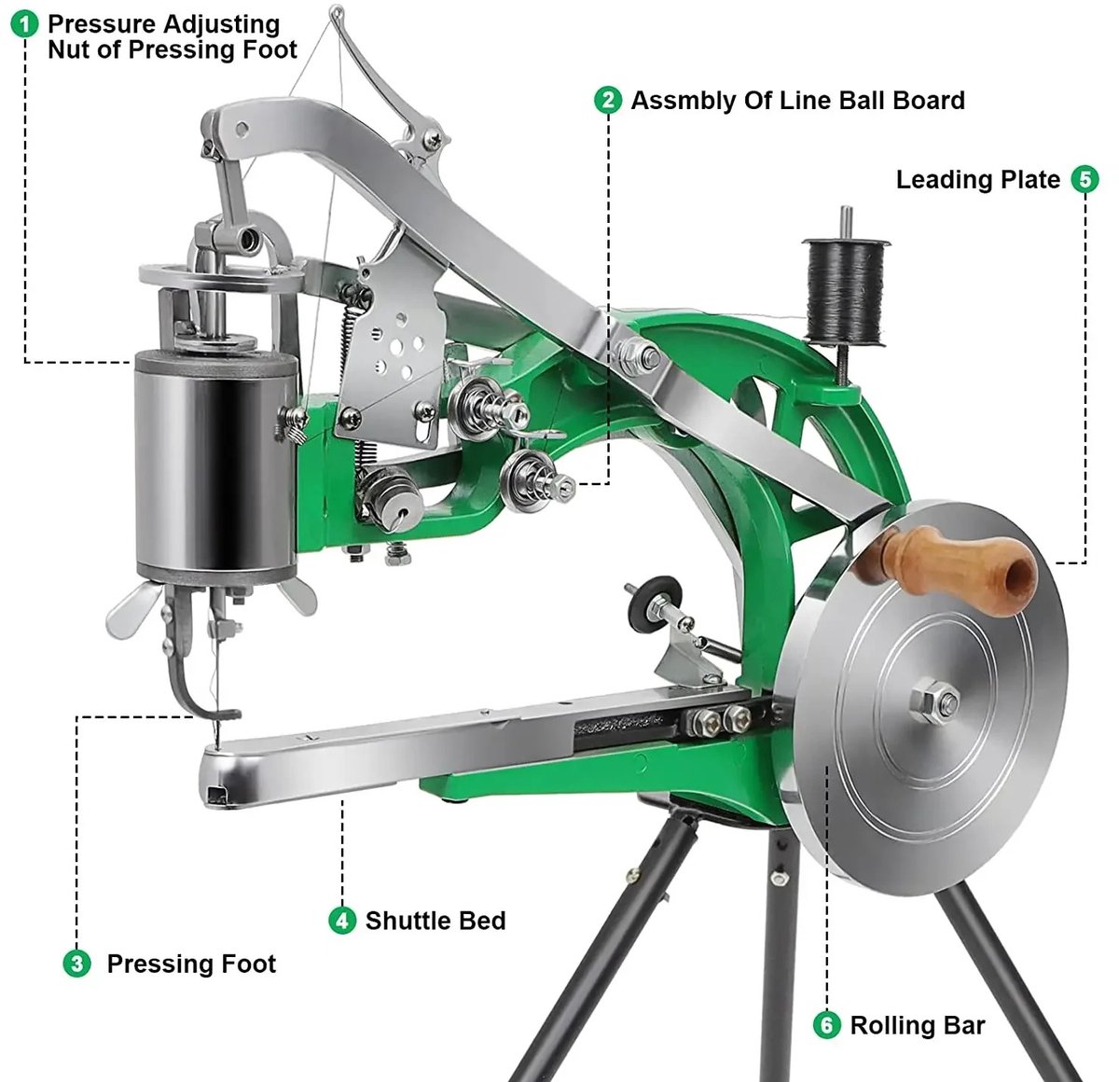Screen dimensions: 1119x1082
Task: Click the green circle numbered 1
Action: pyautogui.click(x=25, y=24)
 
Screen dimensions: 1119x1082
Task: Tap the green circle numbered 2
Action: pyautogui.click(x=608, y=100)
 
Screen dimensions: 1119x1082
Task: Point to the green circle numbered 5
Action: pyautogui.click(x=1084, y=179)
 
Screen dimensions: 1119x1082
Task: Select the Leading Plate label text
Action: pyautogui.click(x=977, y=180)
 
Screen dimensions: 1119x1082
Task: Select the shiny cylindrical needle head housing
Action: pyautogui.click(x=216, y=466)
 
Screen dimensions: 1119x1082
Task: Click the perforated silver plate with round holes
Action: pyautogui.click(x=394, y=351)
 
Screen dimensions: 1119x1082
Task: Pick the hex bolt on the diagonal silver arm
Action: pyautogui.click(x=637, y=357)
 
